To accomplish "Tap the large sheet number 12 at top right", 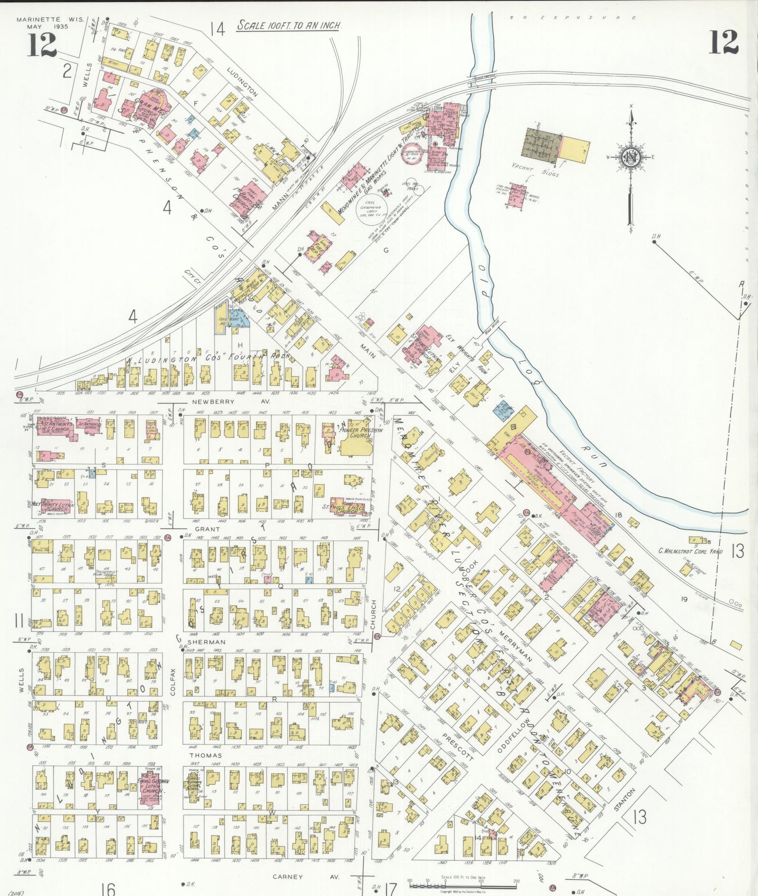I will pos(724,42).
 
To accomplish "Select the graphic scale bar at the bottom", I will pos(462,885).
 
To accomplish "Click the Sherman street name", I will pos(199,641).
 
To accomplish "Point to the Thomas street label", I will pos(206,755).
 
